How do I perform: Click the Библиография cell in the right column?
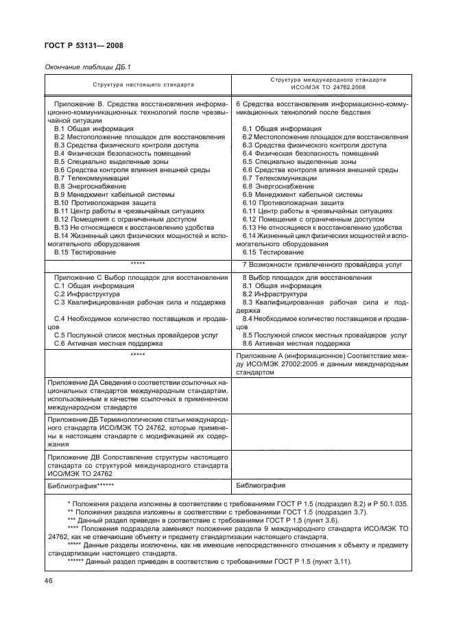[261, 486]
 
